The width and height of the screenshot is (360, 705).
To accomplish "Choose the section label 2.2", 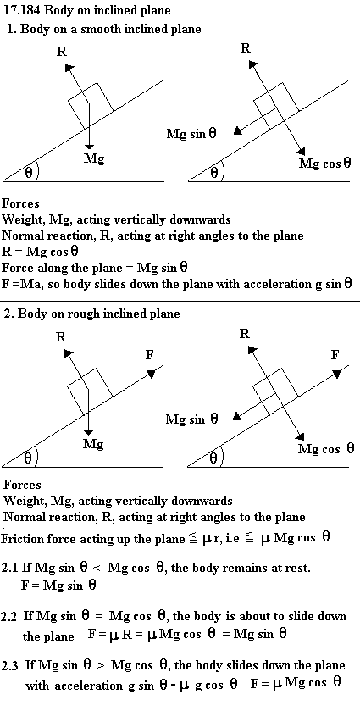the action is [x=9, y=617].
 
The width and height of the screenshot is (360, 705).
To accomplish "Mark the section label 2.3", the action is [x=9, y=665].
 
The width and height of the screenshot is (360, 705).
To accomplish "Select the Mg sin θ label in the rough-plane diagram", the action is [x=192, y=419].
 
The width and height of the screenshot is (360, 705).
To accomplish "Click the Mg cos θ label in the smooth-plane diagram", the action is [x=324, y=164].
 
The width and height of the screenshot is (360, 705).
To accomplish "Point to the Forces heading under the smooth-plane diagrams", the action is [x=20, y=203].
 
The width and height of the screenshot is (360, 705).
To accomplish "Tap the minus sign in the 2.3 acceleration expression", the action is [x=173, y=686].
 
